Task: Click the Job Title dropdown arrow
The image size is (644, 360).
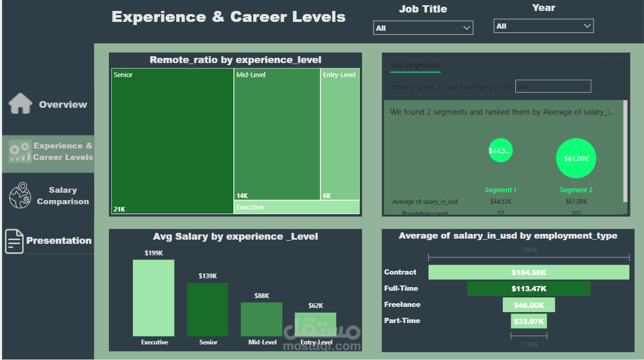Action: point(467,28)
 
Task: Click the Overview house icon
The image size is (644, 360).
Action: point(20,104)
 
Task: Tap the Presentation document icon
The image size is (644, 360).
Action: point(15,241)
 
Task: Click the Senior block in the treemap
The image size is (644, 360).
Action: point(172,141)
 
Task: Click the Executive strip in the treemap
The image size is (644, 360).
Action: point(296,207)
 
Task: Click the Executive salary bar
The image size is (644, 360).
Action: point(154,298)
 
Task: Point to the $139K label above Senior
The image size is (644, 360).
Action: point(207,276)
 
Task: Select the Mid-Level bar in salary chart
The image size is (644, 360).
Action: point(261,319)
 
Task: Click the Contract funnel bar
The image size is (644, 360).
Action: point(528,272)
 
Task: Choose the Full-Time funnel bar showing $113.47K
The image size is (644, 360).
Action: point(528,289)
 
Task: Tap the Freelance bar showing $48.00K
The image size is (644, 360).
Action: point(528,305)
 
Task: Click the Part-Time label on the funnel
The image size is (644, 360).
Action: point(402,320)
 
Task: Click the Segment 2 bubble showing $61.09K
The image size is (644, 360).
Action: point(576,158)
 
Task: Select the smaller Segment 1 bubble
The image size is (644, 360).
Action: point(500,151)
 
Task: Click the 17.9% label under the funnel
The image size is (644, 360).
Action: point(529,345)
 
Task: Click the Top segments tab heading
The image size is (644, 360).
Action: point(415,65)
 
